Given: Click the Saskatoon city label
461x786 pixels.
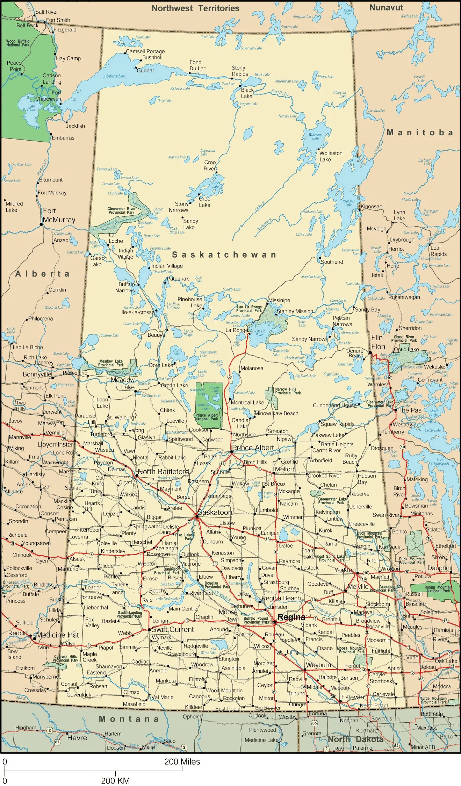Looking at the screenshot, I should (215, 512).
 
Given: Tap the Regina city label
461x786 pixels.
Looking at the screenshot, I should (291, 617).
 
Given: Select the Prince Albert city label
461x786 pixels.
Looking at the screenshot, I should (253, 448).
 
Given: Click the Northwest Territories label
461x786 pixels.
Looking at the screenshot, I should (195, 8).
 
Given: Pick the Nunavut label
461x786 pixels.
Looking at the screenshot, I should (386, 8).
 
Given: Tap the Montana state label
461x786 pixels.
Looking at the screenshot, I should (129, 719).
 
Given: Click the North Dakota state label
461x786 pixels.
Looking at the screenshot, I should (355, 739).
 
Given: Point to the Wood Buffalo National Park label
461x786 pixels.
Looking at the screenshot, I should (18, 43).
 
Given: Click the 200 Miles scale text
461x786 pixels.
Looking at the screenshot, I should (182, 762).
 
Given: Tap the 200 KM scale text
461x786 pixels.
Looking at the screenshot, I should (115, 780).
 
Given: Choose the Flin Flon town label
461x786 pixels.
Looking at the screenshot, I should (378, 342).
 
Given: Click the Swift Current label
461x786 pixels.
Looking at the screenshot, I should (172, 629).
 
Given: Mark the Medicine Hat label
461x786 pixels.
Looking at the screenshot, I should (58, 635).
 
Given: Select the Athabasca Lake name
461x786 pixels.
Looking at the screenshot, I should (114, 76).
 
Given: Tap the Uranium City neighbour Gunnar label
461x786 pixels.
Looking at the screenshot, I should (145, 71).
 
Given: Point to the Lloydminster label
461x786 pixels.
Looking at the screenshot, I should (55, 444).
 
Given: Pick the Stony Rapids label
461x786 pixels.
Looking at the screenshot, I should (239, 71).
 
